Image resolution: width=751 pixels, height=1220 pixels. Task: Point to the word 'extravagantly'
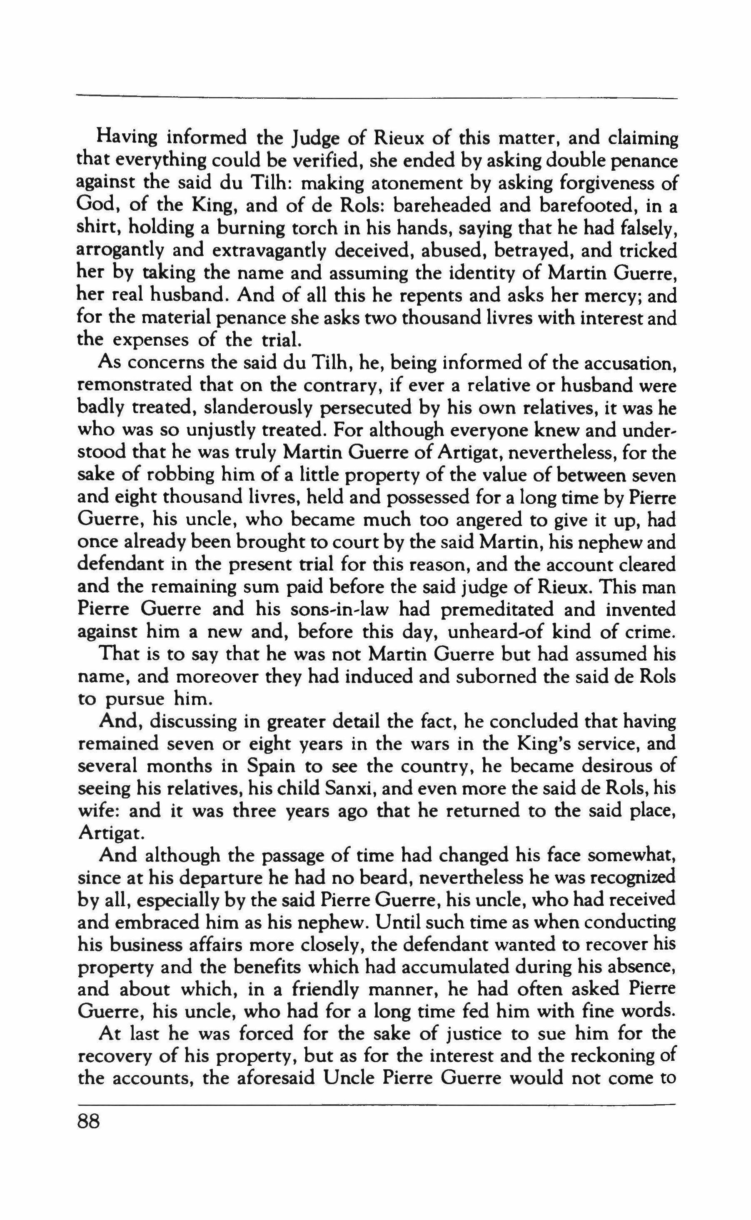tap(269, 251)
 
